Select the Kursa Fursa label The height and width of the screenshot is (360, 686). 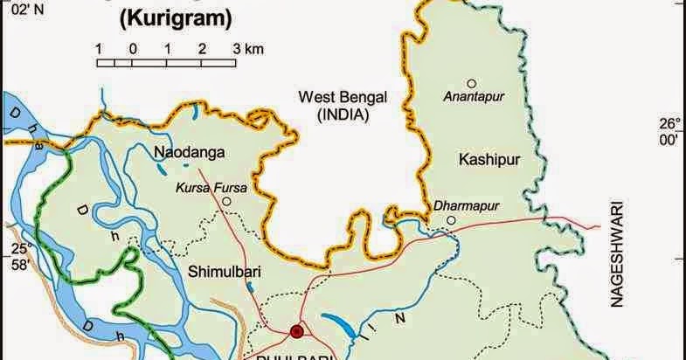(211, 187)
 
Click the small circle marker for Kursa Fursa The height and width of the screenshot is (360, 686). (226, 202)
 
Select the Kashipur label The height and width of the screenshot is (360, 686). (483, 158)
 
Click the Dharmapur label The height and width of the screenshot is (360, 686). (457, 206)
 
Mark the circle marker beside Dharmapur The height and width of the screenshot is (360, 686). (451, 219)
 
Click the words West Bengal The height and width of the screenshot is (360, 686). (342, 96)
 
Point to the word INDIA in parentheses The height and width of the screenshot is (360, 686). (342, 114)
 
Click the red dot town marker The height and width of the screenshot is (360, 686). (296, 331)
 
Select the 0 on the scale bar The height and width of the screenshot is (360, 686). (132, 49)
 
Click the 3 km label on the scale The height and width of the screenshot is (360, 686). (248, 49)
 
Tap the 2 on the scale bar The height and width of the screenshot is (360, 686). (202, 49)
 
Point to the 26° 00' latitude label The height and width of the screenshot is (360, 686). (669, 131)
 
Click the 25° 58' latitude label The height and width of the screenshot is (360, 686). (20, 256)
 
